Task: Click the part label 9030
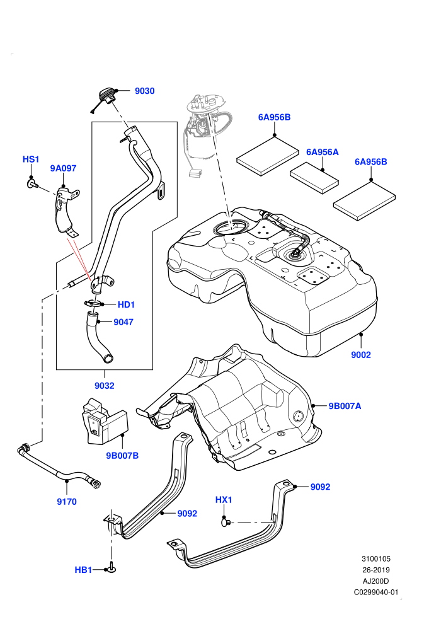(x=144, y=91)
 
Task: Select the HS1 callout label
(x=31, y=159)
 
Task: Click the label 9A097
(x=63, y=168)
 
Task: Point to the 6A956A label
(x=322, y=152)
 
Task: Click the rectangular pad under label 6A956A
(x=314, y=178)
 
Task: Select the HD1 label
(x=126, y=305)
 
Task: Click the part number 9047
(x=123, y=322)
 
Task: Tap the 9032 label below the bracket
(x=104, y=386)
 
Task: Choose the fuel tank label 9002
(x=360, y=355)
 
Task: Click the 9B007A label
(x=345, y=407)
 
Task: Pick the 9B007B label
(x=122, y=456)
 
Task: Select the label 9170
(x=66, y=502)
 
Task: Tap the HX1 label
(x=224, y=500)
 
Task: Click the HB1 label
(x=83, y=570)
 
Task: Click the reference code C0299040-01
(x=375, y=592)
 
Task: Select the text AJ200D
(x=375, y=581)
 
